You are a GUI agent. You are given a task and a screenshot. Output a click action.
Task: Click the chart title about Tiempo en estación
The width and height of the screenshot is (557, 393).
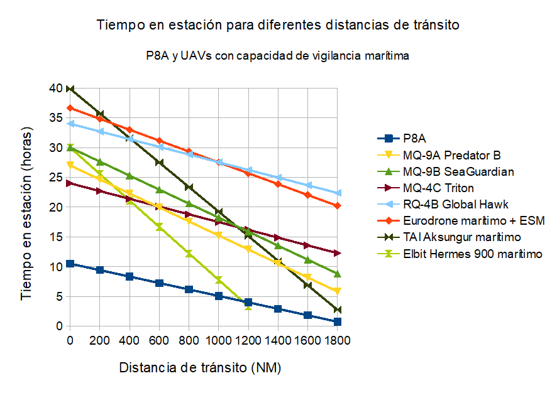pyautogui.click(x=278, y=26)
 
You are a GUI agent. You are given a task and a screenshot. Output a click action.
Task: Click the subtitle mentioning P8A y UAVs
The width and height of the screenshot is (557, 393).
pyautogui.click(x=278, y=55)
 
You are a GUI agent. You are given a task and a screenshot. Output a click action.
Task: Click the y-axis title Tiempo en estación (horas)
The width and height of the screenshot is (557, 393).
pyautogui.click(x=27, y=207)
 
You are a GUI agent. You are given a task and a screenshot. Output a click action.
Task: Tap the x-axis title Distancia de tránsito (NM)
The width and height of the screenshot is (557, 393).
pyautogui.click(x=200, y=367)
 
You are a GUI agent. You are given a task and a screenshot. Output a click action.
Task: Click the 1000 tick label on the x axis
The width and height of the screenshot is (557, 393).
pyautogui.click(x=218, y=340)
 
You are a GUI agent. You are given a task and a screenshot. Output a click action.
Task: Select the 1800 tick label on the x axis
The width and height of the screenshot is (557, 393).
pyautogui.click(x=337, y=340)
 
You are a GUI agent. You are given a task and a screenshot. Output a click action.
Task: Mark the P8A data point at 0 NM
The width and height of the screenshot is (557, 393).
pyautogui.click(x=70, y=264)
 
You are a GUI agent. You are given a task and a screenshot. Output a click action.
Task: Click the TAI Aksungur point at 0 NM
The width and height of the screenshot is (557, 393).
pyautogui.click(x=70, y=89)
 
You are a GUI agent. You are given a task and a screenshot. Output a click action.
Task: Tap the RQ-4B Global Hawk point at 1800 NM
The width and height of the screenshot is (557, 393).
pyautogui.click(x=337, y=193)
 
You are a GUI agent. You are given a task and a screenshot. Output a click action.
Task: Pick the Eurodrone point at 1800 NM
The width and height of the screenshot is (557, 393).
pyautogui.click(x=337, y=205)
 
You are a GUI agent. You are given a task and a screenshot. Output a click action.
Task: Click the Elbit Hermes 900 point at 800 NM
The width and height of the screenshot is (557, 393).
pyautogui.click(x=189, y=254)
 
